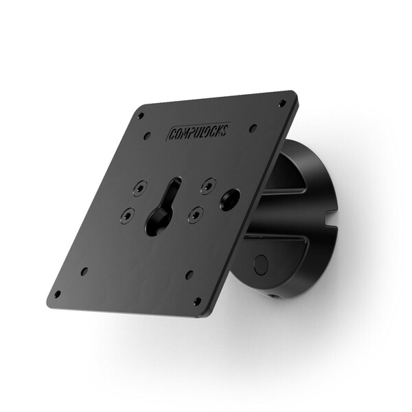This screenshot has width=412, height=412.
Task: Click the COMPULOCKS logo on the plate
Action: coord(198,128)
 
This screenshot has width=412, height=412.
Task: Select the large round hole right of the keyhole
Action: coord(230,198)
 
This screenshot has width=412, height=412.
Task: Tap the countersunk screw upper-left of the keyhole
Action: coord(140,187)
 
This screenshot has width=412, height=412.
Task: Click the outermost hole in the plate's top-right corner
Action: coord(282,103)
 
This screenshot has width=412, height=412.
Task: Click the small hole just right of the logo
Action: coord(253,128)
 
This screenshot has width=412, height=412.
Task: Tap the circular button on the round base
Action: coord(261,264)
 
